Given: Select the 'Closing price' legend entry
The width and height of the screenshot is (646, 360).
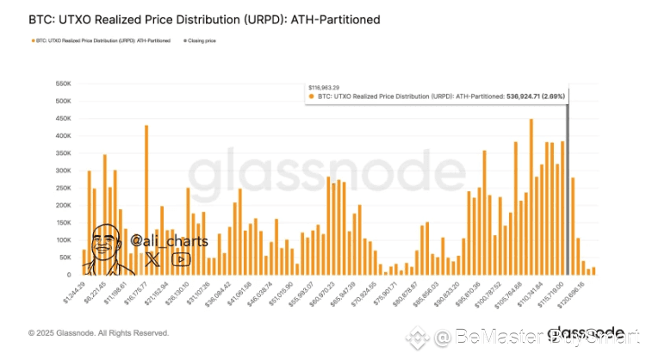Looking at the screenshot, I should pyautogui.click(x=200, y=41).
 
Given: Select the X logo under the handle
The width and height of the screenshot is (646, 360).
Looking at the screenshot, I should pyautogui.click(x=152, y=257).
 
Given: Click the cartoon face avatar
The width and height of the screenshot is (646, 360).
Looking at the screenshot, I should pyautogui.click(x=107, y=245).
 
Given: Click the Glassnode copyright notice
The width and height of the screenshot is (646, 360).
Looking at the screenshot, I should pyautogui.click(x=98, y=332).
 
